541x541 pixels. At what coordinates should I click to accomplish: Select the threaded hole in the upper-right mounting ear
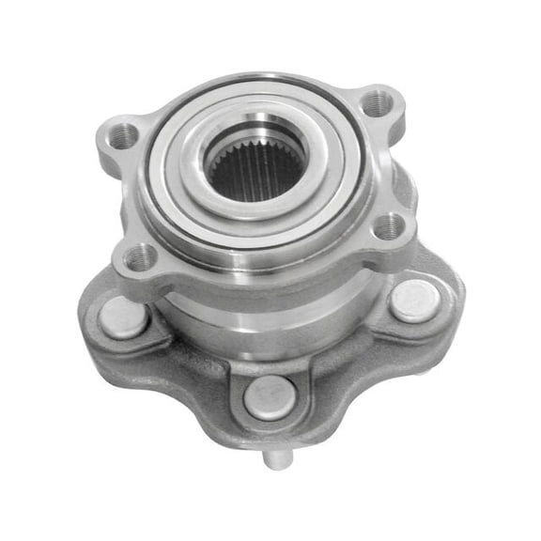377,101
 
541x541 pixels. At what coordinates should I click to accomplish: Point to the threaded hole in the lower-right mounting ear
388,226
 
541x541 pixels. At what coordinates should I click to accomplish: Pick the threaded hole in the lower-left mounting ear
142,255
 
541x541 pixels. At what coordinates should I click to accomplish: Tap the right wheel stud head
414,300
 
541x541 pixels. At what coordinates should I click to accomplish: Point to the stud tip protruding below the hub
272,459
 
